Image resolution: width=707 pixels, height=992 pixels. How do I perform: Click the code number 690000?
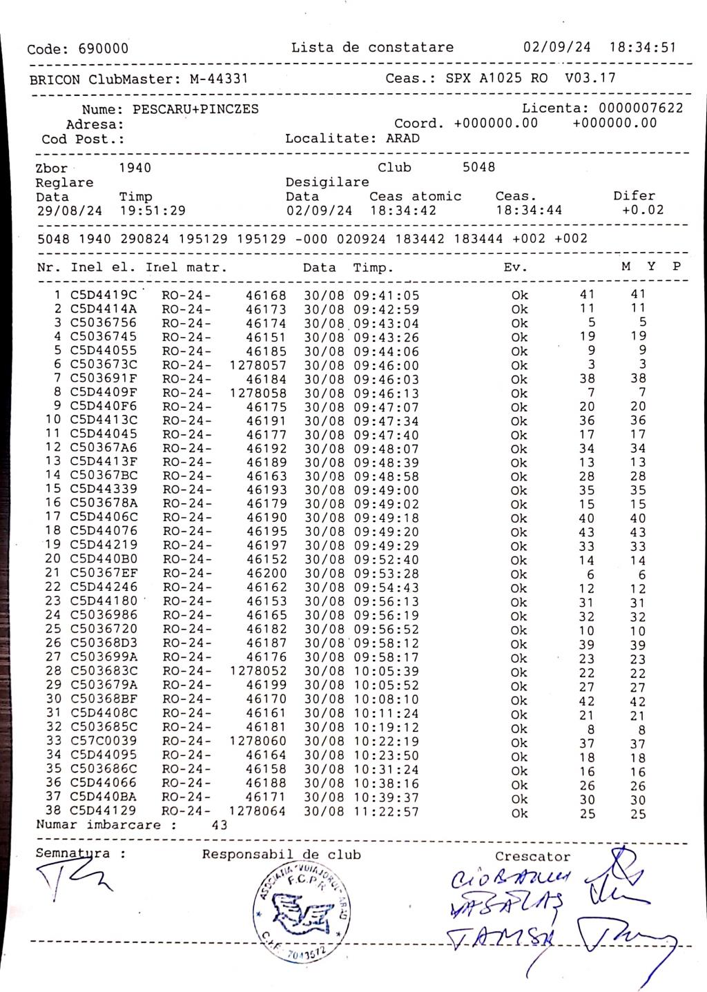103,49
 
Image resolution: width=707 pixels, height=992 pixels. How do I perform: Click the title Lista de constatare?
372,48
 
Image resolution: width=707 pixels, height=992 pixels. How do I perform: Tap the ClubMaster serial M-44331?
219,79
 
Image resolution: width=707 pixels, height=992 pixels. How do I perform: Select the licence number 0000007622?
641,108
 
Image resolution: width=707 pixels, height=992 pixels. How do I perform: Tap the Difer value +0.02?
643,211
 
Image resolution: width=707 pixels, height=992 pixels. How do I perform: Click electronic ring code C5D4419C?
104,295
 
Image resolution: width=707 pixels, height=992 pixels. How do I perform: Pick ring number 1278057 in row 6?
258,365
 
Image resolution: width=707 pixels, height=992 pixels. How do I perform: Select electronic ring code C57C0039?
104,741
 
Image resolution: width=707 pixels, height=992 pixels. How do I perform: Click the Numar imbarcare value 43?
219,825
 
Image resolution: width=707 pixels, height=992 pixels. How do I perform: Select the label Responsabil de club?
281,855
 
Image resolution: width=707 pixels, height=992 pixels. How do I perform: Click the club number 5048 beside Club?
478,168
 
